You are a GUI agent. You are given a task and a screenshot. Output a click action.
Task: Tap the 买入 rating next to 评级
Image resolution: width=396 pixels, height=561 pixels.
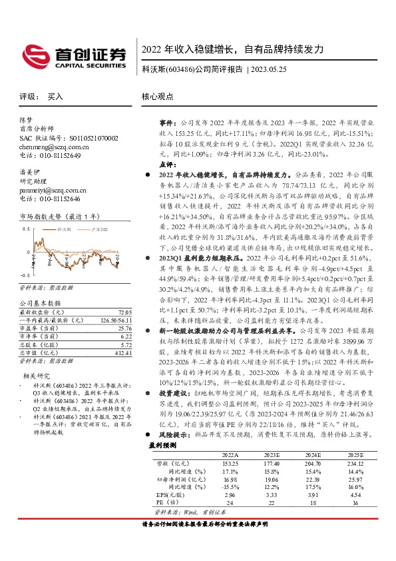[x=55, y=97]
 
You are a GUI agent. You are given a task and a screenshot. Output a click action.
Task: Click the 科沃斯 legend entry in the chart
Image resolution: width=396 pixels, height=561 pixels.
[x=64, y=228]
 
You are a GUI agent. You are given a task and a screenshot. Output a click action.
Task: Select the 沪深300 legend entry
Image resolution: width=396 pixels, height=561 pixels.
[x=97, y=228]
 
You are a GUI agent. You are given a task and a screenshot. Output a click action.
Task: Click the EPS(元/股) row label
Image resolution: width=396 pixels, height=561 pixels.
[x=171, y=496]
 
